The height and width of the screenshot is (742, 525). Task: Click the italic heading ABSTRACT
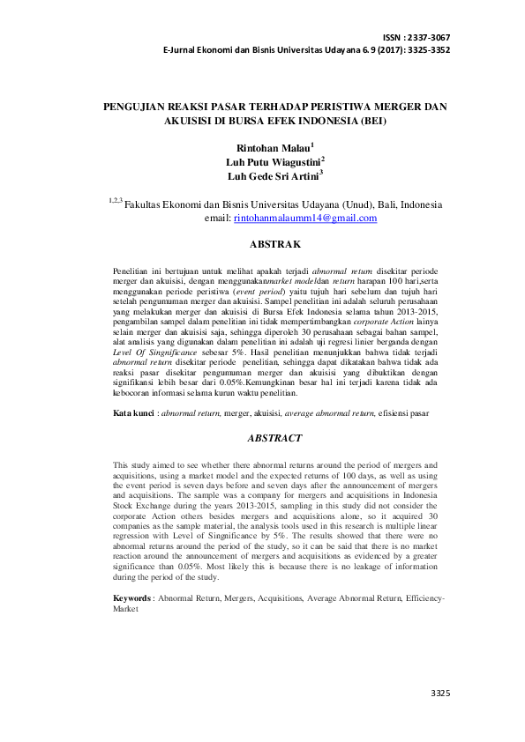click(x=274, y=437)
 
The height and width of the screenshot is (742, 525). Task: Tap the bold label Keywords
click(x=132, y=597)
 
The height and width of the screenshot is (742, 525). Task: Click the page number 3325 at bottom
click(x=440, y=694)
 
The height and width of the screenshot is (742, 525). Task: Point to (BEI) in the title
click(x=371, y=121)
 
